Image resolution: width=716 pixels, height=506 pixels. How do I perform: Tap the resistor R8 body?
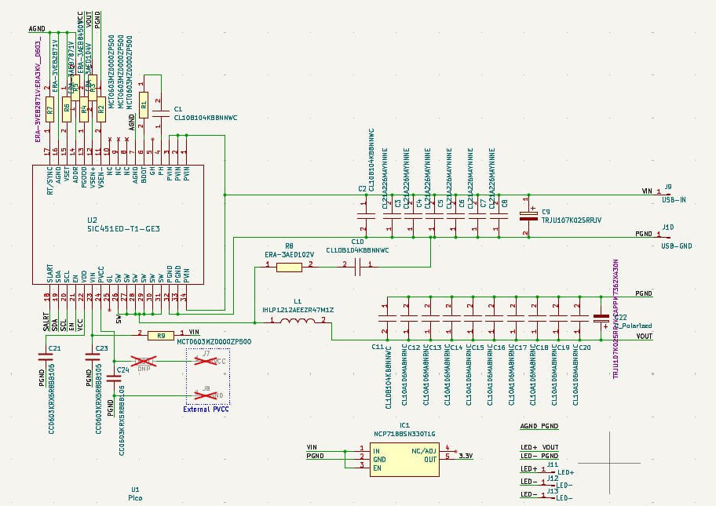289,267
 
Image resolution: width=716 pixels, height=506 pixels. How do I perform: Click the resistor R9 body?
161,335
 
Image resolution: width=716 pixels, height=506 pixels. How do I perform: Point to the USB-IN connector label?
674,200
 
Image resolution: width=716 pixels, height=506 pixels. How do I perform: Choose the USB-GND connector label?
676,246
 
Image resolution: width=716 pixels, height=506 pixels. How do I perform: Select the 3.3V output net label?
466,456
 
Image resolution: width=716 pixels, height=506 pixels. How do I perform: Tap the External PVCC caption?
205,409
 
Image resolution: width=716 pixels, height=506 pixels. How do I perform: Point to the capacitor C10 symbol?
357,267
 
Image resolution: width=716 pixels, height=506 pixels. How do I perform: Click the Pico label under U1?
136,497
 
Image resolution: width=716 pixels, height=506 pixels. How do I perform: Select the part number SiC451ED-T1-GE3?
123,229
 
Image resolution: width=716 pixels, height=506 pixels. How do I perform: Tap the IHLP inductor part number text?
298,310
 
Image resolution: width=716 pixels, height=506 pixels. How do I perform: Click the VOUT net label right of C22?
644,336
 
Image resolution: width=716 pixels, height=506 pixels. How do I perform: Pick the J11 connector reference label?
553,464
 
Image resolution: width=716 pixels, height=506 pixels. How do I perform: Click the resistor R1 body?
143,102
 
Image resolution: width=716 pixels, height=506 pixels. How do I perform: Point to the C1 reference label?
178,109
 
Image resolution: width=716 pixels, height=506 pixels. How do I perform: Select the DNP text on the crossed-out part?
144,368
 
